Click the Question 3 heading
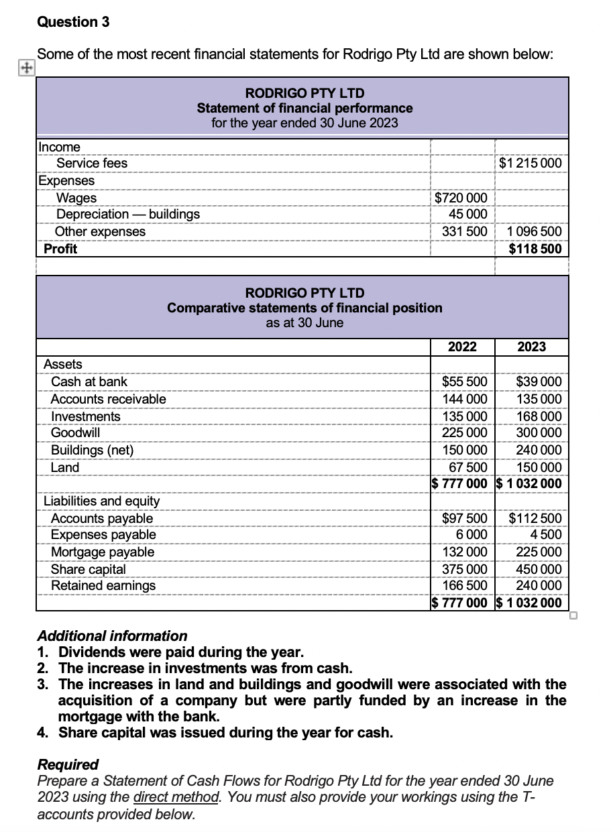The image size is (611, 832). coord(73,21)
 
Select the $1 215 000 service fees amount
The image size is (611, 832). coord(531,163)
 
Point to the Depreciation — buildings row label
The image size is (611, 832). coord(127,214)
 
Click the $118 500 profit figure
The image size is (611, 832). coord(535,249)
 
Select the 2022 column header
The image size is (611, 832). coord(462,347)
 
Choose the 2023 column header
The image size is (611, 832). coord(531,347)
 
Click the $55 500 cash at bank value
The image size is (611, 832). coord(464,381)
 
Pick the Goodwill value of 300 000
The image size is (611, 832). coord(539,433)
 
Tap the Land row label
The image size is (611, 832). coord(65,467)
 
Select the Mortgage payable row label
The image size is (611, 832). coord(103,552)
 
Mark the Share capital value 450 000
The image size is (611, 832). coord(539,569)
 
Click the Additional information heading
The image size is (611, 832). coord(112,636)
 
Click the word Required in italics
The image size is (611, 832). coord(68,764)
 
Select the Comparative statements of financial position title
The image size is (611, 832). coord(304,308)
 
